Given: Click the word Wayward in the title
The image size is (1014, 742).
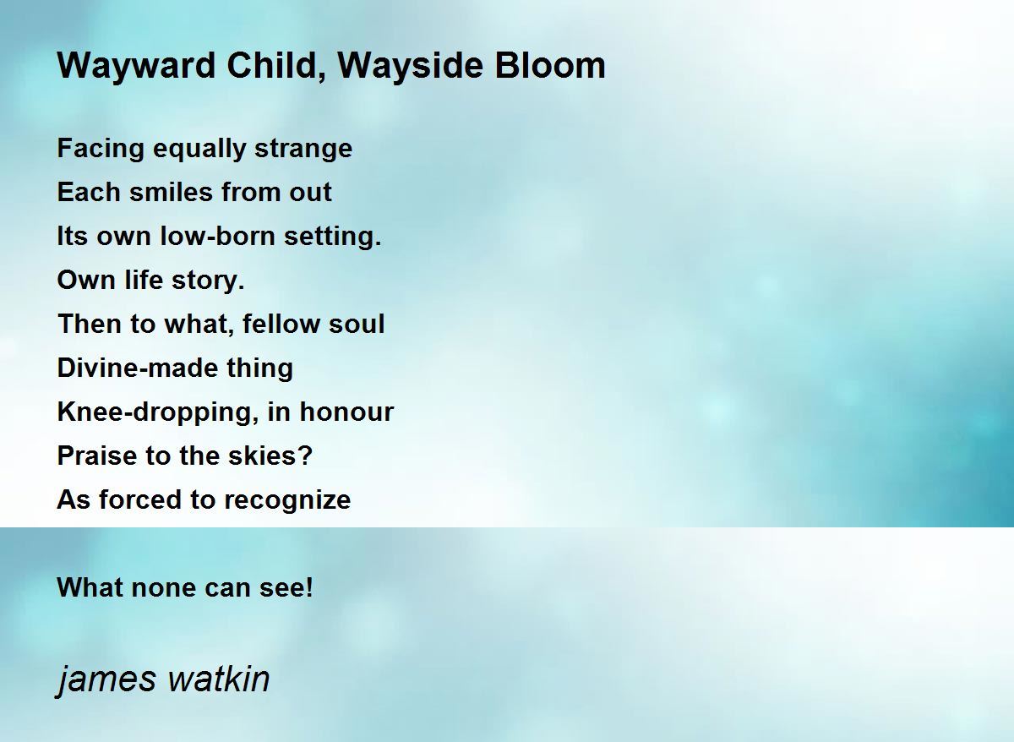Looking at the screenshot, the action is point(136,67).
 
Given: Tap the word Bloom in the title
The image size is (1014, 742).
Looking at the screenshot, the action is point(550,65).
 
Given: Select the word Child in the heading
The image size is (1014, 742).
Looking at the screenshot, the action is point(276,66).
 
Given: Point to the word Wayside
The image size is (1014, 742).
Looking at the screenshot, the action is point(410,67).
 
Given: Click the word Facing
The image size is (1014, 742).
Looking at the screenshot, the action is point(101,150).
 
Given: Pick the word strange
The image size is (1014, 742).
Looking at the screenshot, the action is point(303,150).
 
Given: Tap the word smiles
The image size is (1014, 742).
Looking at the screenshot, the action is point(171,192).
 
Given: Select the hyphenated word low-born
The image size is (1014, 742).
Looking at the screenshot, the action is point(218,236).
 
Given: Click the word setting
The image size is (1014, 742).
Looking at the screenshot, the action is point(333,237).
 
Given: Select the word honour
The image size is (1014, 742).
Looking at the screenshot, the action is point(346,411).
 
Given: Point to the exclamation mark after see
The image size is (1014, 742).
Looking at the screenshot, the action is point(309,587).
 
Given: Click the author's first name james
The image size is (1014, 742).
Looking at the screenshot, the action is point(106,680).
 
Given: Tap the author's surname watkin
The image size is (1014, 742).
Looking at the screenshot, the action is point(219,679).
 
